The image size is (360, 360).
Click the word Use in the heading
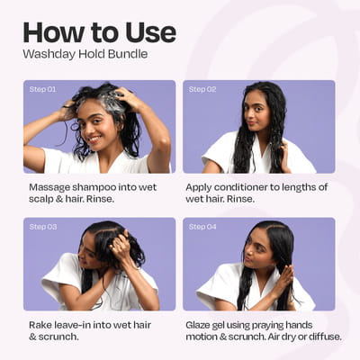pos(150,32)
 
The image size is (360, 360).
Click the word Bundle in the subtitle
pos(128,54)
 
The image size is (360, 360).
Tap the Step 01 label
pos(42,89)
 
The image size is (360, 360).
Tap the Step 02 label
pos(202,89)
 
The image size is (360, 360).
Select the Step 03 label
pos(43,227)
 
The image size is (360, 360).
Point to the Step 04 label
pos(202,227)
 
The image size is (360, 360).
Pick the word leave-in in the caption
pos(72,325)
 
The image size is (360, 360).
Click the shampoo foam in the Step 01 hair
pos(110,101)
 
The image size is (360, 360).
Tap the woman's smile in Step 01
pos(94,139)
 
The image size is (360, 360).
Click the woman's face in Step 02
pos(255,112)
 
